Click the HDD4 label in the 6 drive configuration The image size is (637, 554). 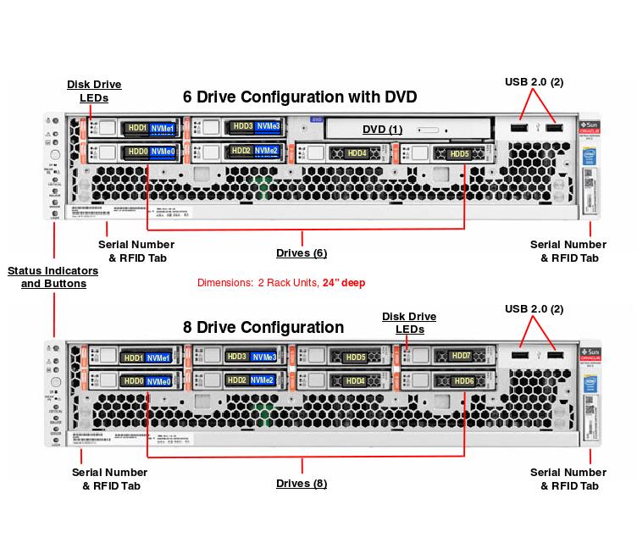click(x=357, y=153)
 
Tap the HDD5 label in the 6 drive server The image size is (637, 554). click(x=459, y=153)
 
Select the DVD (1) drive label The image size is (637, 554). click(x=383, y=129)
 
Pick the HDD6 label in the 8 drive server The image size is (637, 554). click(x=463, y=381)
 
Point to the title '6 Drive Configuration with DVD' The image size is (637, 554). click(x=300, y=97)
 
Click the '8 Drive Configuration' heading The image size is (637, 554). click(x=263, y=327)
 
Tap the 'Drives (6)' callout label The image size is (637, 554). click(x=302, y=253)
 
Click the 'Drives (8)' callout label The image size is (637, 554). click(x=302, y=484)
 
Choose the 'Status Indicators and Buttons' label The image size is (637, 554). click(x=53, y=277)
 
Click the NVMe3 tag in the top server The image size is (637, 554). click(x=269, y=127)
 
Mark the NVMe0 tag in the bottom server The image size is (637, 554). click(x=159, y=382)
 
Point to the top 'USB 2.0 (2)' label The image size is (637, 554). click(x=534, y=81)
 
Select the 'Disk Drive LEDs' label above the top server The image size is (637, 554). click(x=94, y=91)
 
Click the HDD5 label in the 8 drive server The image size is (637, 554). click(x=356, y=357)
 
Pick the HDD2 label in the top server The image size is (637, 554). click(x=241, y=151)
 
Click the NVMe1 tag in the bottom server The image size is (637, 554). click(x=159, y=358)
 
